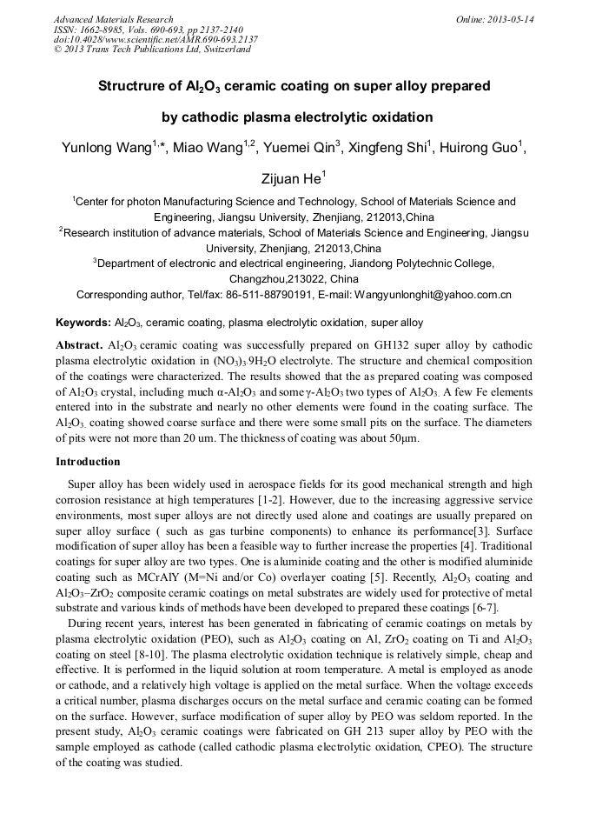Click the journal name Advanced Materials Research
113,19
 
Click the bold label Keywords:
83,322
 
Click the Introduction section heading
88,461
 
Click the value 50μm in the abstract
402,438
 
